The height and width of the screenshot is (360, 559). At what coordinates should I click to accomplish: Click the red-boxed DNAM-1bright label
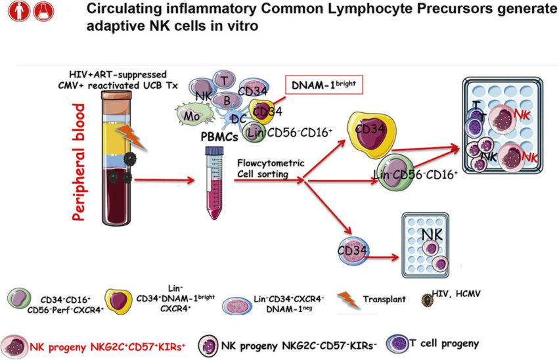pyautogui.click(x=324, y=85)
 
